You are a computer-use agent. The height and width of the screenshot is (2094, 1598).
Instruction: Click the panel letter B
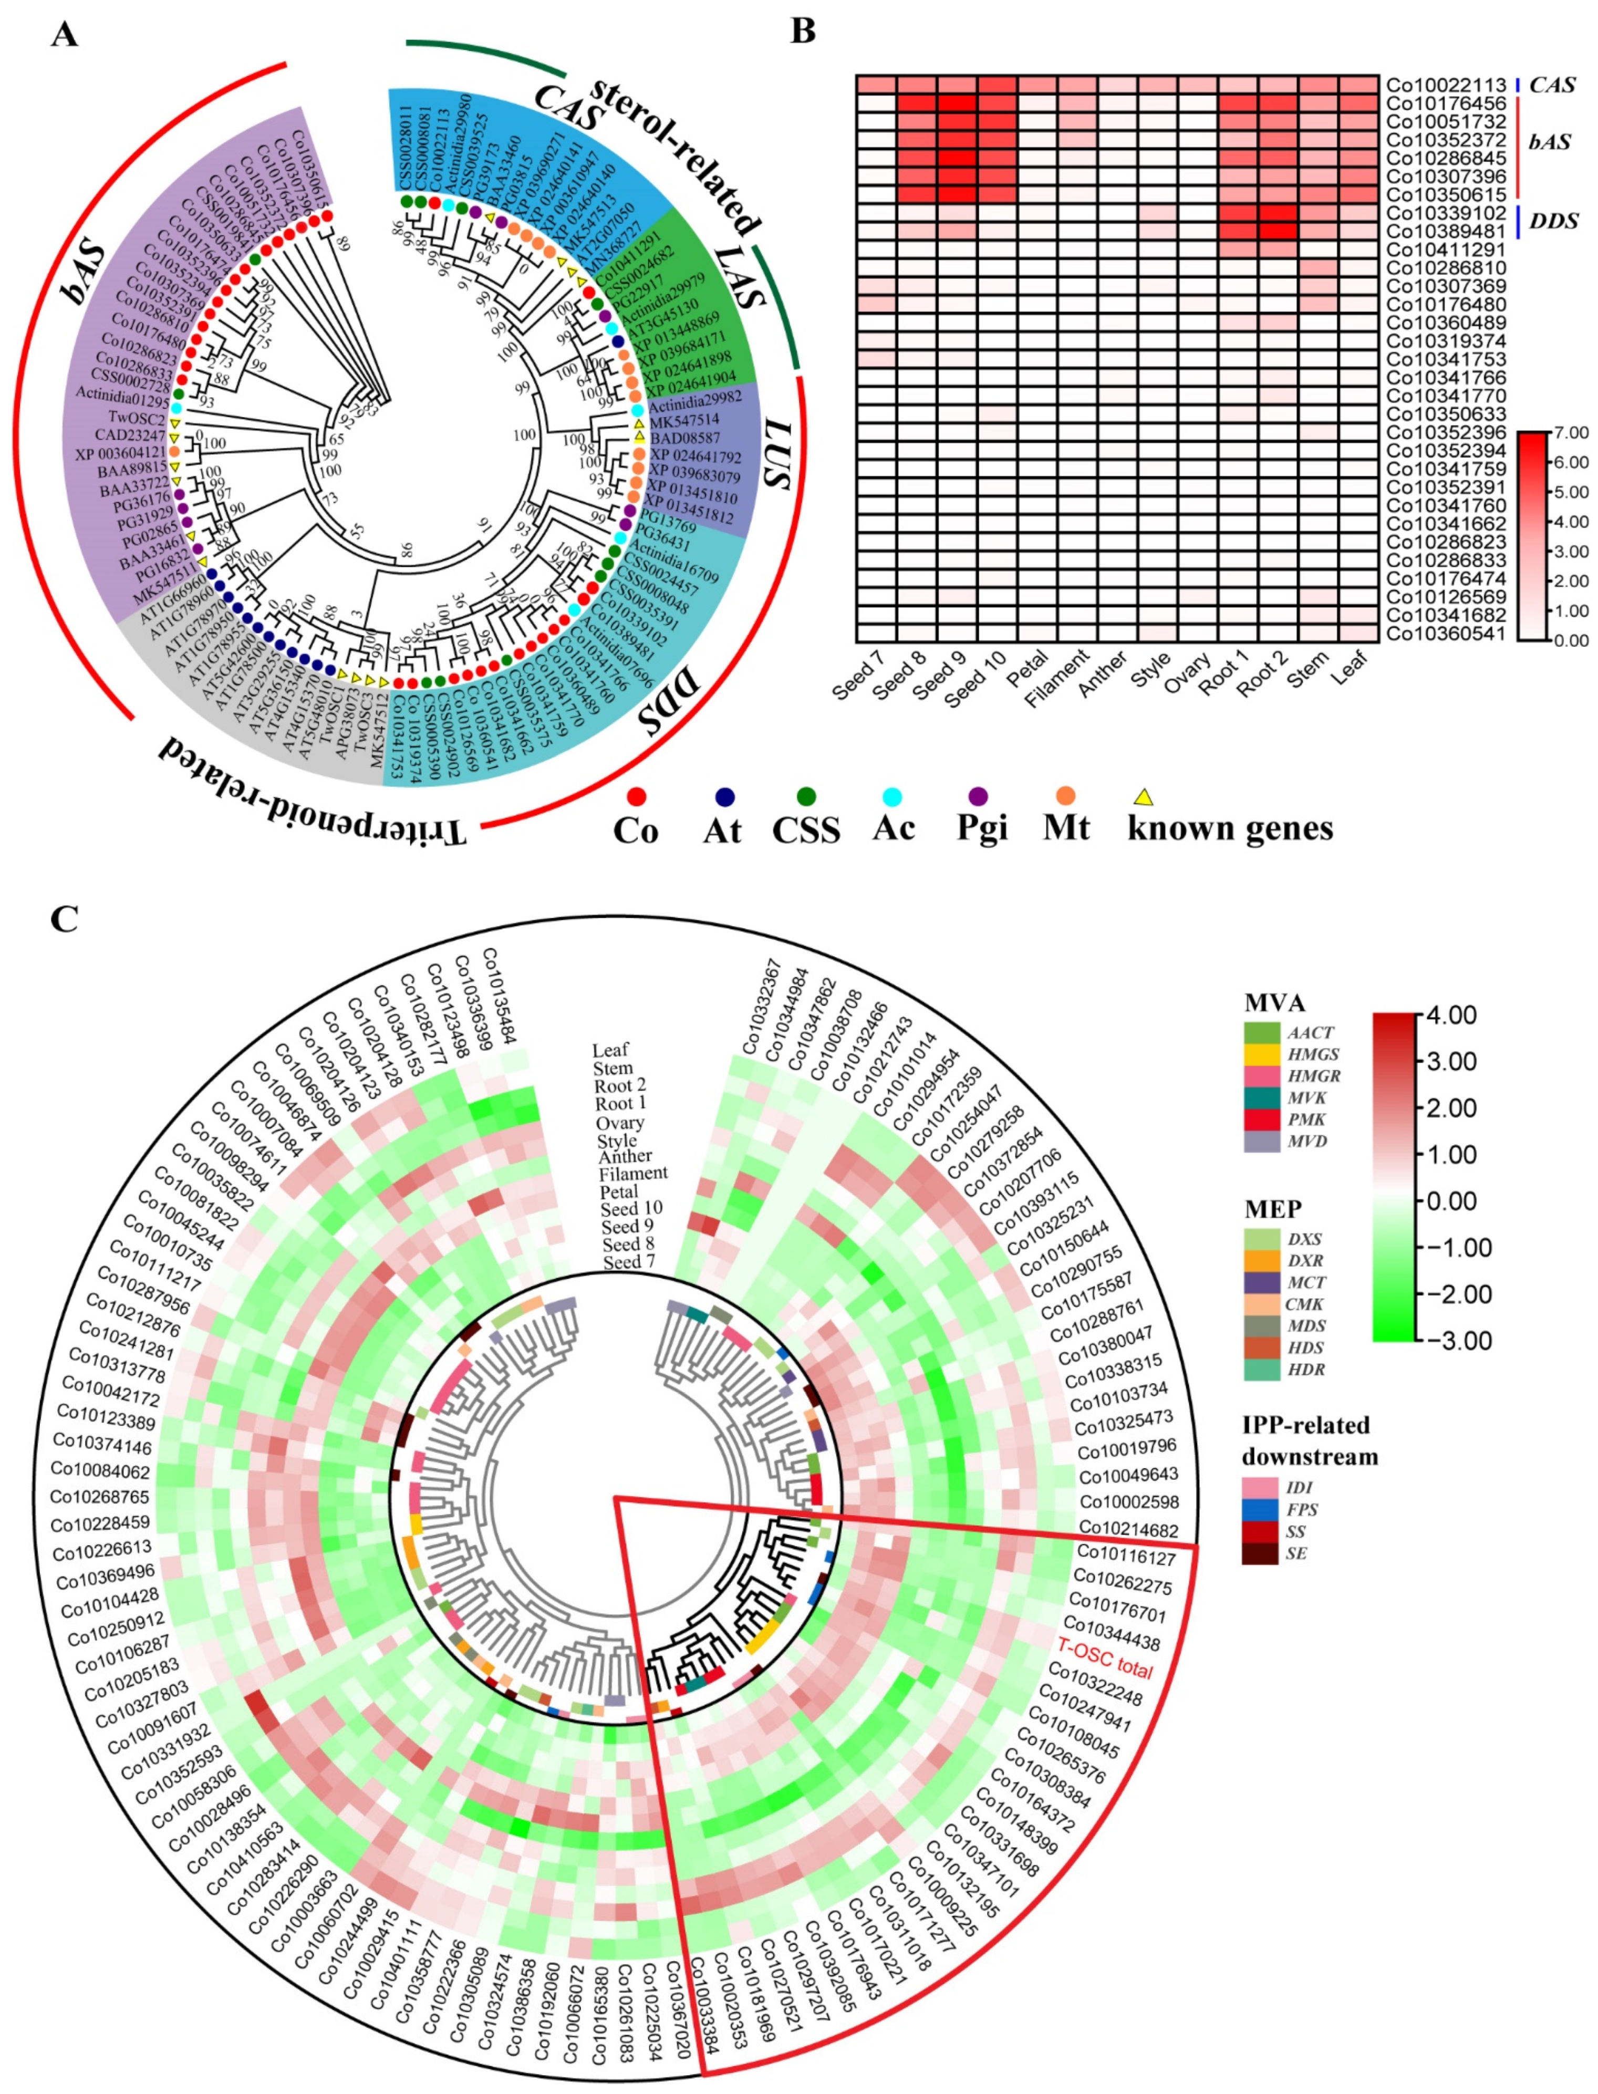[x=804, y=32]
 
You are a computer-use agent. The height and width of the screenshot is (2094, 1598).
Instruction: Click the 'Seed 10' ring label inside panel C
[x=631, y=1208]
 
